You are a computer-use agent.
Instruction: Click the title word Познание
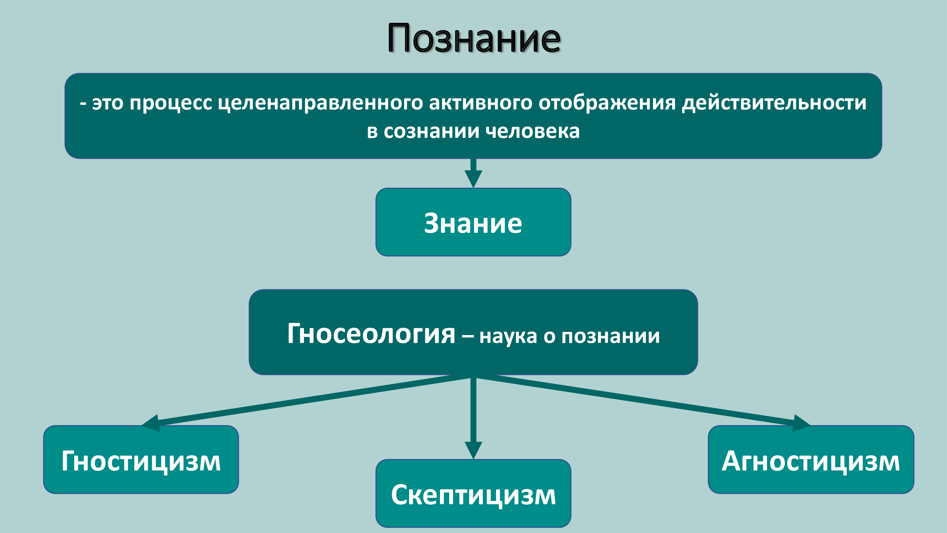click(x=474, y=38)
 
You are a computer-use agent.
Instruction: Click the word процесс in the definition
click(x=170, y=103)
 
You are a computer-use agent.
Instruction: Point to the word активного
click(x=480, y=103)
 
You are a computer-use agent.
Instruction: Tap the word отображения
click(x=607, y=103)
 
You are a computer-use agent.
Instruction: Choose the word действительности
click(x=774, y=103)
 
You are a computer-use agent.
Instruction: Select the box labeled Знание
click(x=473, y=222)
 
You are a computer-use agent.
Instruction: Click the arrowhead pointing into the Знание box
click(x=473, y=179)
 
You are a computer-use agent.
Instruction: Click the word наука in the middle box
click(x=508, y=336)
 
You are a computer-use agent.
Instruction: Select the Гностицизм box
click(x=141, y=459)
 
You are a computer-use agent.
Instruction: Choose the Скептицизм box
click(x=473, y=493)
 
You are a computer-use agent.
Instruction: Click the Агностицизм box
click(x=811, y=459)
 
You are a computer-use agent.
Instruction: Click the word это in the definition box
click(x=107, y=103)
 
